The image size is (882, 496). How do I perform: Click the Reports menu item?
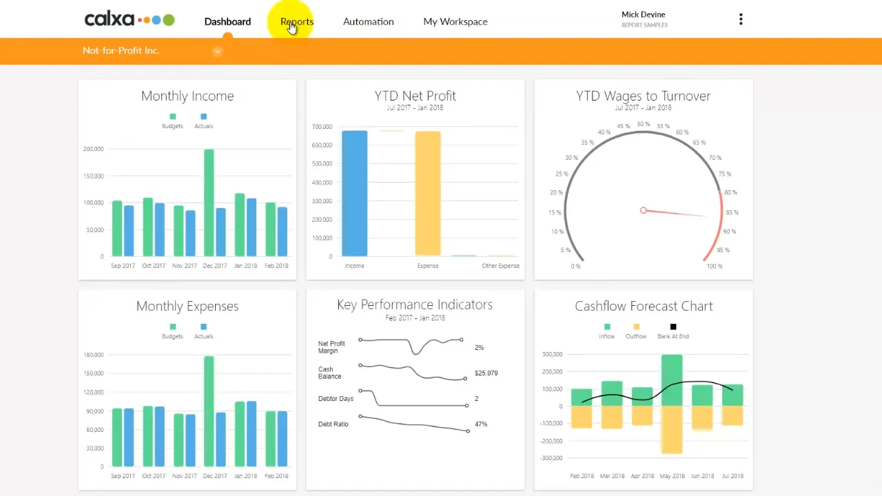(x=297, y=21)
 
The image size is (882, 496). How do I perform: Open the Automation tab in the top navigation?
(x=368, y=21)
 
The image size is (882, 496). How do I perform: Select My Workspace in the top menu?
(x=455, y=21)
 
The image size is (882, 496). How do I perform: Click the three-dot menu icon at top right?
(x=741, y=19)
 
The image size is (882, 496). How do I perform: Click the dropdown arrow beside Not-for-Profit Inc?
(x=217, y=51)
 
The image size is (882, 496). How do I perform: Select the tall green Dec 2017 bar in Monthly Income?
(x=209, y=203)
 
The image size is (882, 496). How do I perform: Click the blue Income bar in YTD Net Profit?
(x=354, y=194)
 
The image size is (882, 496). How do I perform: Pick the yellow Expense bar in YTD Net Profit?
(x=427, y=194)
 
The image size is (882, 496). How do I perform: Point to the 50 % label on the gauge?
(x=643, y=125)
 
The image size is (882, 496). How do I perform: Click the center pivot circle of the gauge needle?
(x=643, y=210)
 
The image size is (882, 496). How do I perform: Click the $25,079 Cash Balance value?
(x=486, y=373)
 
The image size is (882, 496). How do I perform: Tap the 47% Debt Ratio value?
(x=481, y=424)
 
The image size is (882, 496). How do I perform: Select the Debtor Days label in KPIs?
(x=336, y=399)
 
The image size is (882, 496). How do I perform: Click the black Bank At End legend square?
(x=673, y=327)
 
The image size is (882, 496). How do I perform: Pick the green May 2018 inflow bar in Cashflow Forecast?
(x=672, y=380)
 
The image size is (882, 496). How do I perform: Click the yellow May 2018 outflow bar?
(x=672, y=429)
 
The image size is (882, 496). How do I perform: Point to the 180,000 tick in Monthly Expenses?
(x=93, y=355)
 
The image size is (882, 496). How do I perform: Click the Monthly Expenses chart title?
(x=187, y=306)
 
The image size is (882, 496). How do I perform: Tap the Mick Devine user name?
(x=643, y=14)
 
